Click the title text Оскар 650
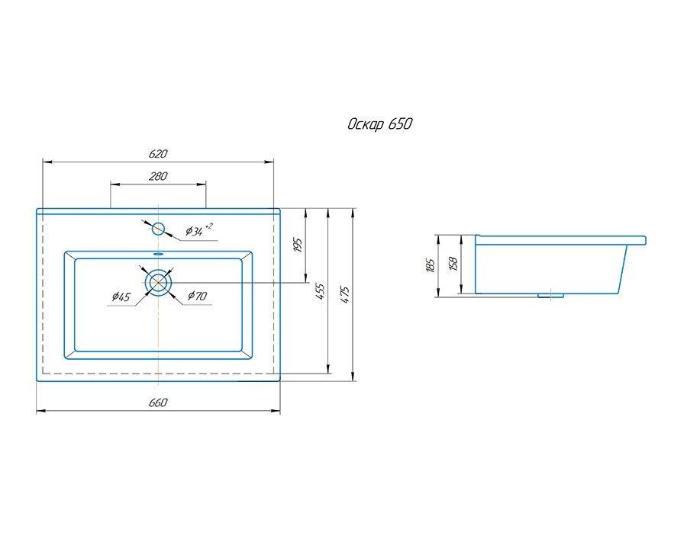tap(380, 124)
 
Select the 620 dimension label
tap(158, 154)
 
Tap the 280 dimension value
tap(158, 176)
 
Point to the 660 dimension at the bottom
tap(158, 402)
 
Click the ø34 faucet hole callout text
tap(199, 229)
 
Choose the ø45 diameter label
tap(121, 297)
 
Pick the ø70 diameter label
tap(197, 296)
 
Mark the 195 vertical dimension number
tap(298, 246)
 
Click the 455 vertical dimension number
tap(321, 291)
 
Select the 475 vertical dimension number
tap(345, 295)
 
